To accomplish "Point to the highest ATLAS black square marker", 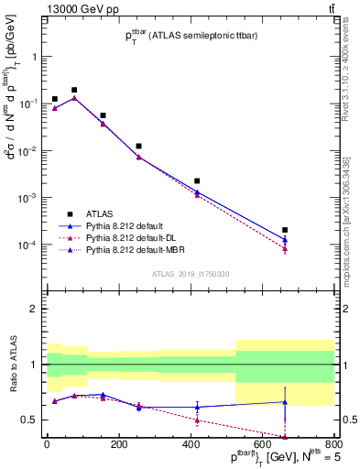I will coord(74,91).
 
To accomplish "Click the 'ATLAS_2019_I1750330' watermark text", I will coord(191,274).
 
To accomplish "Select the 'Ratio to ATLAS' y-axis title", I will coord(13,365).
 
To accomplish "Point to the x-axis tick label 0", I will coord(47,446).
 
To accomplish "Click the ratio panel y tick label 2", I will coord(34,309).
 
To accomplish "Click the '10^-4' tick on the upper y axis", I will coord(27,245).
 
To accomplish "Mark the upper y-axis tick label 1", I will coord(34,56).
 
